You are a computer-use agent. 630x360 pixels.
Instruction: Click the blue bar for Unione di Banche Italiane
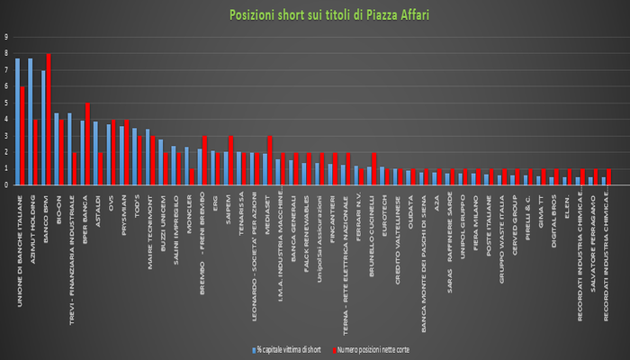click(17, 121)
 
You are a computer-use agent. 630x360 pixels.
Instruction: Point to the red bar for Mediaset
click(269, 161)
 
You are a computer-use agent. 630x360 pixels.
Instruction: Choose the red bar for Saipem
click(230, 161)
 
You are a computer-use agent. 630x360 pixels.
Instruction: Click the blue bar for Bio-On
click(56, 149)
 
